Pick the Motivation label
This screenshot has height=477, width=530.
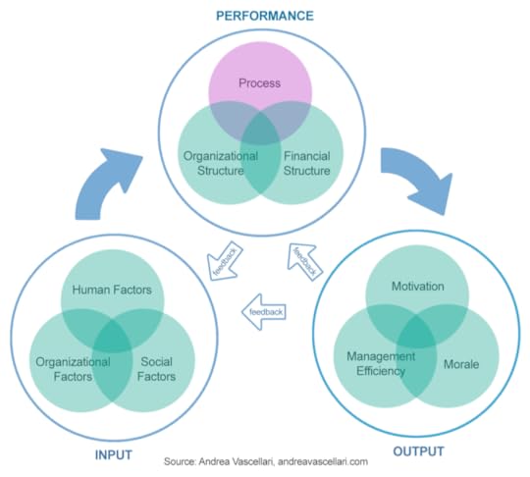click(418, 287)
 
